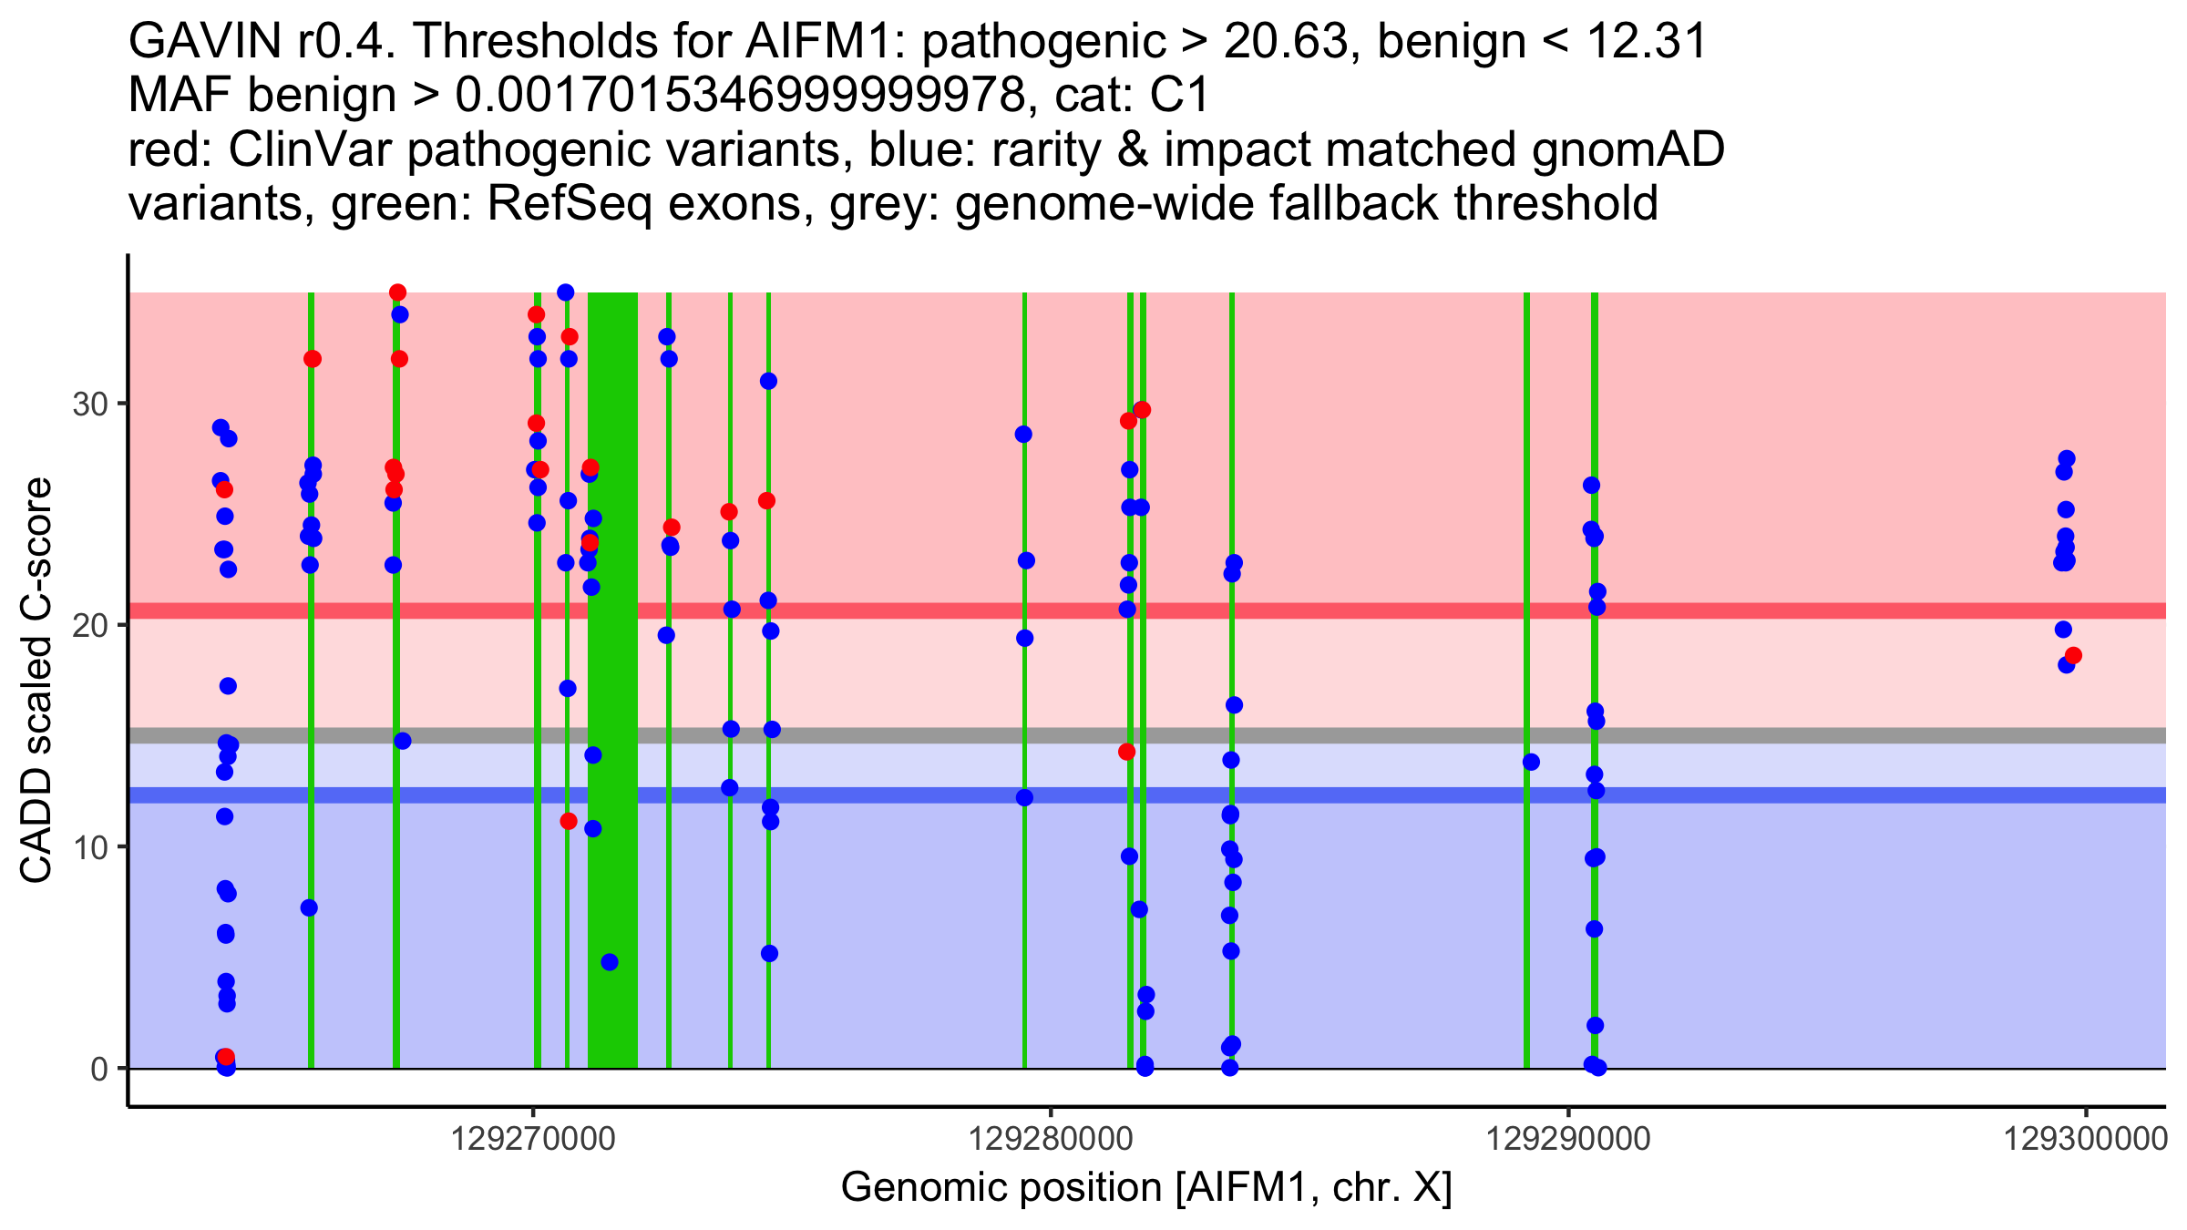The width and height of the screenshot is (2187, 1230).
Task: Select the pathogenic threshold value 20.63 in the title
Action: click(x=1286, y=42)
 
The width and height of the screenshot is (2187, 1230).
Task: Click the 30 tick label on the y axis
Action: click(x=90, y=404)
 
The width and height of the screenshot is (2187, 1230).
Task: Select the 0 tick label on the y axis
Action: click(x=99, y=1069)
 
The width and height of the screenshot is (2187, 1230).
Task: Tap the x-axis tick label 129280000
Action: click(x=1050, y=1139)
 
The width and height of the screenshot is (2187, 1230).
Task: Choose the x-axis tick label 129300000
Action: click(x=2085, y=1139)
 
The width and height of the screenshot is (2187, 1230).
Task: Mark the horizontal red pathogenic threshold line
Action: click(x=1276, y=610)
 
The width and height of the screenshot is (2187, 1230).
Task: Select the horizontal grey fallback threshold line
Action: click(x=1276, y=735)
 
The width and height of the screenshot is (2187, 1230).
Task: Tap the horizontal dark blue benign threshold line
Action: click(x=1276, y=795)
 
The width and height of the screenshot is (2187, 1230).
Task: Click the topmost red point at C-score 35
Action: click(x=397, y=292)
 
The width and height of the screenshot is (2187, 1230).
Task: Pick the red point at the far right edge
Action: click(x=2073, y=655)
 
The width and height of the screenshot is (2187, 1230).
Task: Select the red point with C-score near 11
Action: click(x=569, y=821)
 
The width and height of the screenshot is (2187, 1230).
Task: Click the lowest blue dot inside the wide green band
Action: click(x=610, y=962)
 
